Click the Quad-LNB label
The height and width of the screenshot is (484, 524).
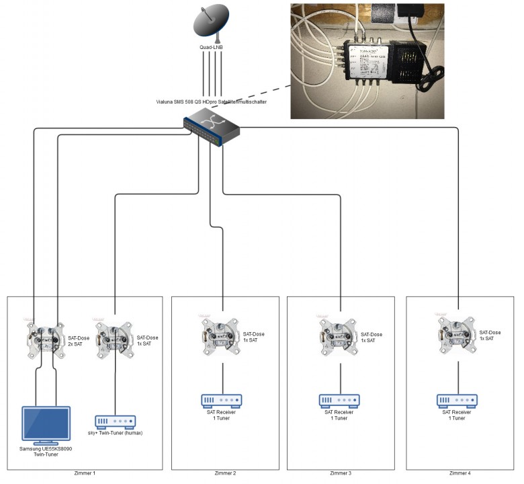[x=212, y=48]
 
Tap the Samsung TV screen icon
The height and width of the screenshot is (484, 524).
[x=46, y=426]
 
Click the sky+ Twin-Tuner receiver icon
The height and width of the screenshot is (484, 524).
[x=116, y=422]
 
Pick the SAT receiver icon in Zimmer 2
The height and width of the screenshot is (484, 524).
[x=222, y=401]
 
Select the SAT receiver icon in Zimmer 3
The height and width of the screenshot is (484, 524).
[x=339, y=401]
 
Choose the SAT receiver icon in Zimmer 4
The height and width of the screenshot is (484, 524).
[x=457, y=401]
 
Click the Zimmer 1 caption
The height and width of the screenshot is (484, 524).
[x=85, y=474]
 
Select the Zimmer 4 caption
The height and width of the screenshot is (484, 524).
[x=460, y=474]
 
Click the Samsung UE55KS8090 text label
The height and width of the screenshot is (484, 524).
[x=46, y=452]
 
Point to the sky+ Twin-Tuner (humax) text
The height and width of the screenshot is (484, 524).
[x=116, y=434]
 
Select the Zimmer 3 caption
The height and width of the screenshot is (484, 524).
[x=341, y=474]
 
